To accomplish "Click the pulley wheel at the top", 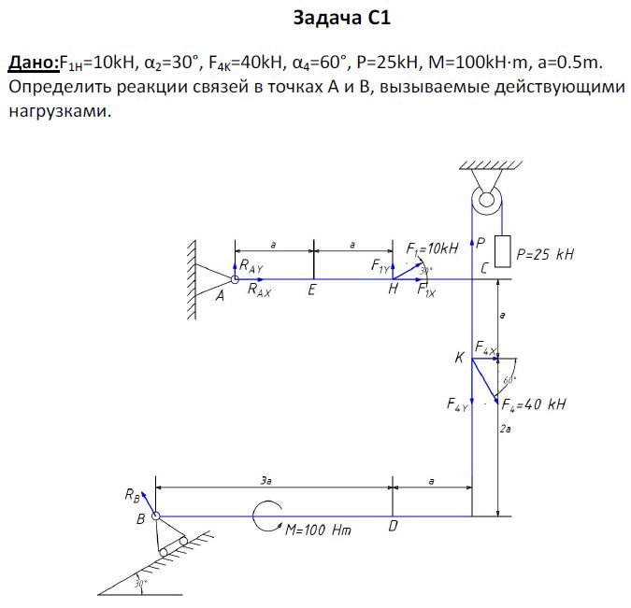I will tap(485, 198).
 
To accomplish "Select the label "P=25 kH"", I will tap(545, 253).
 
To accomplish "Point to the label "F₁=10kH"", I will tap(433, 248).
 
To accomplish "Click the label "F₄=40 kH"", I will tap(535, 404).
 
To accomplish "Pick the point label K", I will tap(459, 358).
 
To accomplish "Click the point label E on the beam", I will tap(311, 290).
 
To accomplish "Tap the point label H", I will tap(394, 290).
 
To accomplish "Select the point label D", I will tap(393, 527).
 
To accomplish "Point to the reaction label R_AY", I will tap(251, 265).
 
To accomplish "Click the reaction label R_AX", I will tap(260, 290).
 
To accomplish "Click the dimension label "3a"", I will tap(267, 480).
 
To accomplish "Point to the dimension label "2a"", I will tap(505, 429).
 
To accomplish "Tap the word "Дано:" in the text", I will tap(34, 63).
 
